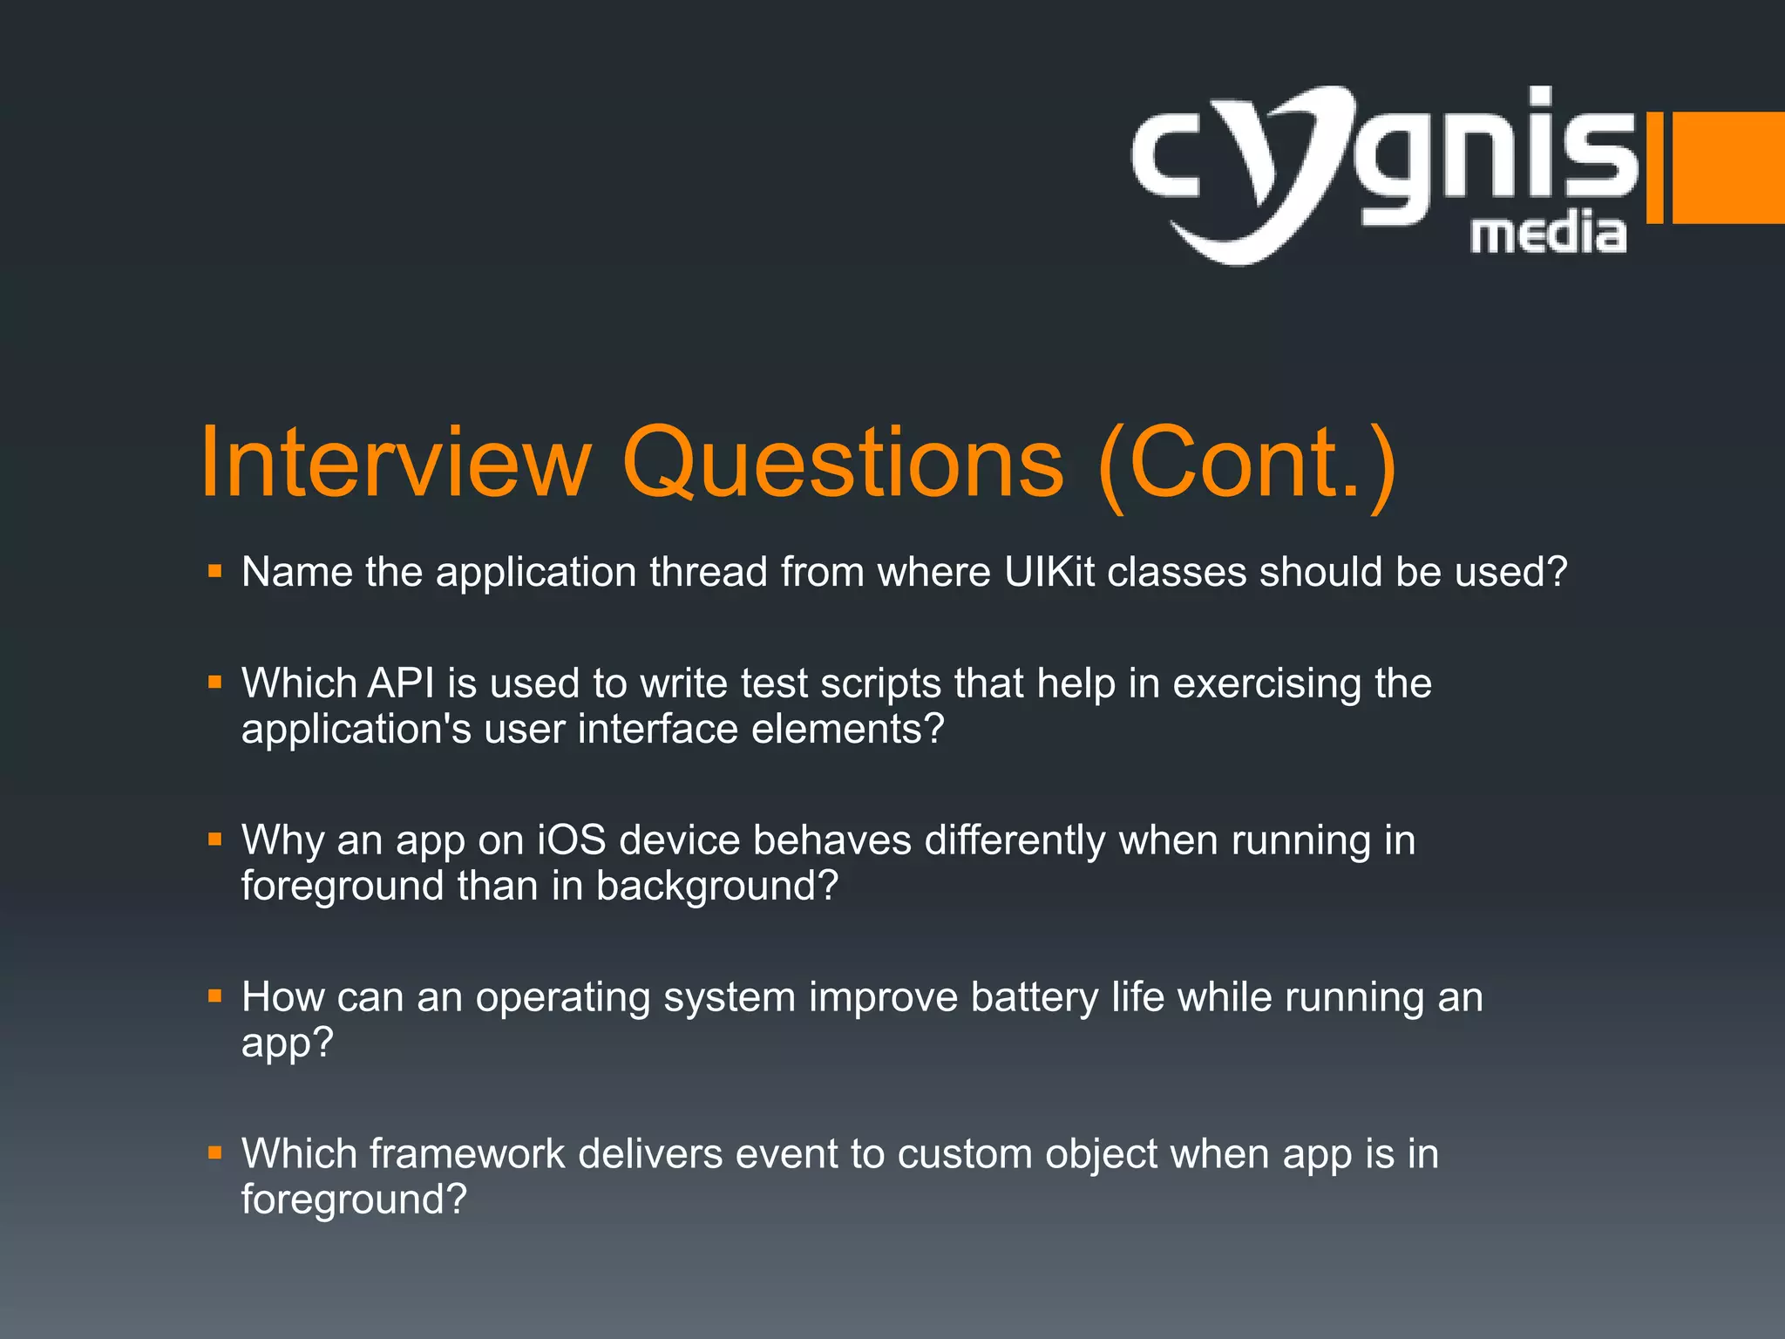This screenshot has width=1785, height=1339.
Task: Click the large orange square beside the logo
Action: (1727, 167)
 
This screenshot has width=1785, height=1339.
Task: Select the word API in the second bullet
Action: (400, 683)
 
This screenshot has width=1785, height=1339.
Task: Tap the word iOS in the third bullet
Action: (571, 840)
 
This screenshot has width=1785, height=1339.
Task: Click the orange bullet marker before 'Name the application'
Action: (215, 573)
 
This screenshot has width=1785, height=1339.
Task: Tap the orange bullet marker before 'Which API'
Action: (215, 683)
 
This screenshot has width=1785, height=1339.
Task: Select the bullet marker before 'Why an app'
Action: (215, 840)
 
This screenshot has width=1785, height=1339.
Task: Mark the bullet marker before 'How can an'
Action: (215, 997)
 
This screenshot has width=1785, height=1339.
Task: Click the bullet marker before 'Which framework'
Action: (215, 1154)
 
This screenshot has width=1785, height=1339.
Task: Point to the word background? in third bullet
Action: (716, 887)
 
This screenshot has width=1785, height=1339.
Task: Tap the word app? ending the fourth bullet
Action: (288, 1043)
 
